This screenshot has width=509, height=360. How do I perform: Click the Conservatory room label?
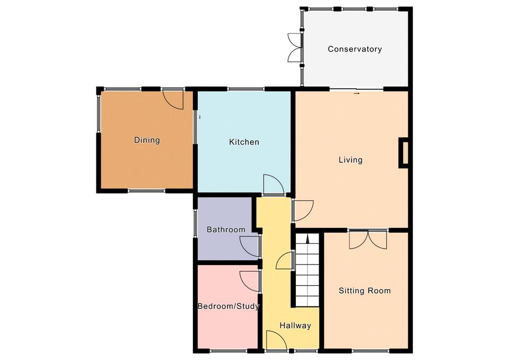tap(355, 49)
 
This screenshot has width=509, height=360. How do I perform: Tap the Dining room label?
tap(147, 140)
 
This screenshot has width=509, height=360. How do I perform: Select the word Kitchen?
tap(244, 142)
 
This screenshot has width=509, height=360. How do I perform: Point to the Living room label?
tap(350, 160)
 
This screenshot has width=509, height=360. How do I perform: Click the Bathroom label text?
tap(226, 230)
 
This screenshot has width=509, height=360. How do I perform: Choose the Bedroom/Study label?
tap(229, 306)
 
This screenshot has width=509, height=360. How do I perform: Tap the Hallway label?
tap(295, 326)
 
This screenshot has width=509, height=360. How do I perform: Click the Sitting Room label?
tap(365, 291)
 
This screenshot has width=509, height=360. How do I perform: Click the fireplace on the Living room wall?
tap(403, 153)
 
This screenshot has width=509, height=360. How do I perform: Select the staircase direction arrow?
tap(308, 239)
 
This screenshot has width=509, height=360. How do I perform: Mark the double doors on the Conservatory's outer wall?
tap(295, 47)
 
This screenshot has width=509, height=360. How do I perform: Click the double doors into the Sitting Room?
tap(368, 240)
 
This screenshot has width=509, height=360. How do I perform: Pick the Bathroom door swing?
tap(250, 247)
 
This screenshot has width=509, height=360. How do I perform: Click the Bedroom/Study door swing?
tap(250, 282)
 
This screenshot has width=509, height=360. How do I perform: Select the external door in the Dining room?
tap(173, 99)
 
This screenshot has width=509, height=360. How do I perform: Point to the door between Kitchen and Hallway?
tap(274, 185)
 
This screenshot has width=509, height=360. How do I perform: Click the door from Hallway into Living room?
tap(303, 211)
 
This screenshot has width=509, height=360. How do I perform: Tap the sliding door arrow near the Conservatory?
tap(357, 93)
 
